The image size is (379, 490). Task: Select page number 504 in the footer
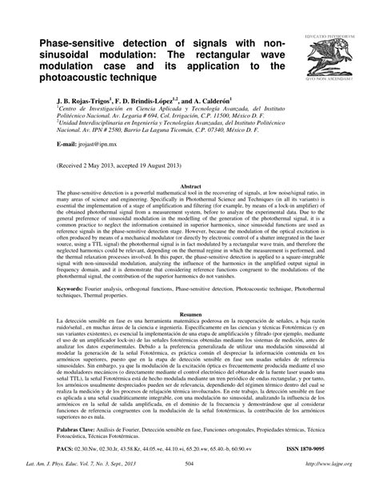[189, 483]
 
